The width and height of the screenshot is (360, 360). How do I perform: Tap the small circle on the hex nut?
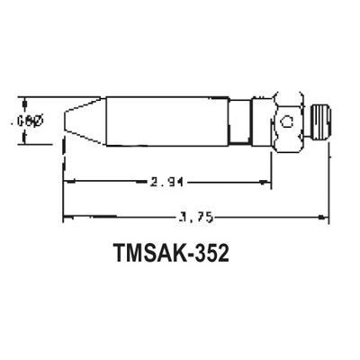point(286,121)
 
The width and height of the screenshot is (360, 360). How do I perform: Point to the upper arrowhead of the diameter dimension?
point(26,102)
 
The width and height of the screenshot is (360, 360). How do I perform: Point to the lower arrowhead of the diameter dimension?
point(26,139)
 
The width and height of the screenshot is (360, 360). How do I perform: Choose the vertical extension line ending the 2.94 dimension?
point(270,166)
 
